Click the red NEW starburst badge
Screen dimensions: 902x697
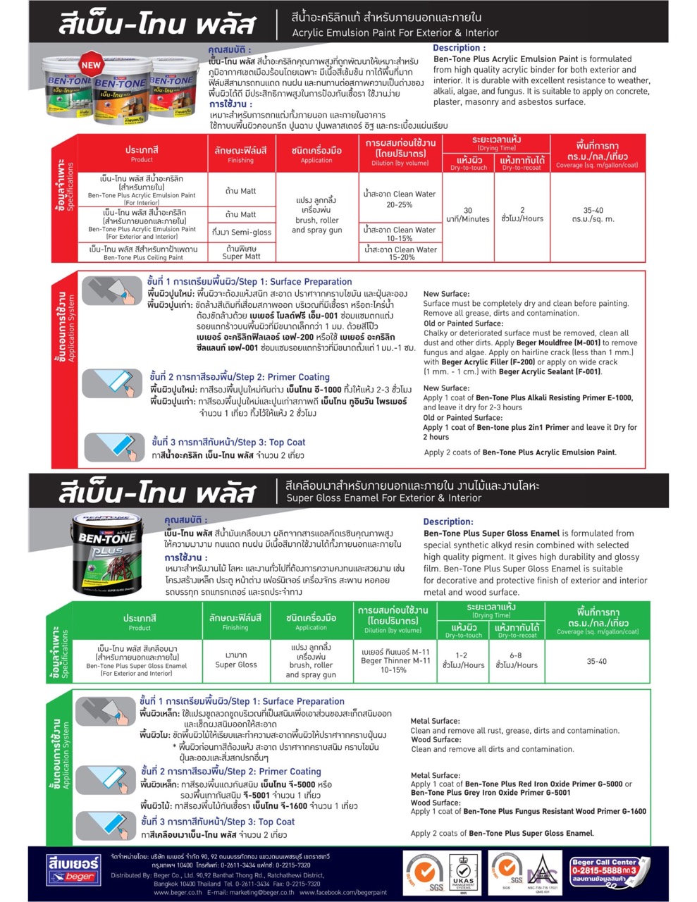tap(92, 65)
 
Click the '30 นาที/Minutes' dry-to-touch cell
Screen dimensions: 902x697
tap(468, 215)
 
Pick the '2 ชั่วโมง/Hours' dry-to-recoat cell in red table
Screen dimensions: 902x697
tap(522, 215)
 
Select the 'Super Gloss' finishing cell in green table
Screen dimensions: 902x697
tap(235, 660)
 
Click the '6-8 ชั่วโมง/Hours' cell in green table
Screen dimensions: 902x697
tap(516, 660)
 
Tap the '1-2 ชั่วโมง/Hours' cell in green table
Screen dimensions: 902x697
tap(462, 660)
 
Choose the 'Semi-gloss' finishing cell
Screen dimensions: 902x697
tap(241, 233)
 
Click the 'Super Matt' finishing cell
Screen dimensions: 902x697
tap(241, 252)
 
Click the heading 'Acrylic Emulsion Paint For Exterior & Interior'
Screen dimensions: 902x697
tap(395, 32)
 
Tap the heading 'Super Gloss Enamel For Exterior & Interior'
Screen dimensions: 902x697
tap(383, 498)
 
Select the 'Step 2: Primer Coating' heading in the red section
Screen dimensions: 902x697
tap(240, 377)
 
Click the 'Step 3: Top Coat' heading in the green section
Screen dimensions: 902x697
tap(218, 822)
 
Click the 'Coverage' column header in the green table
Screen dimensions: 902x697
tap(597, 621)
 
